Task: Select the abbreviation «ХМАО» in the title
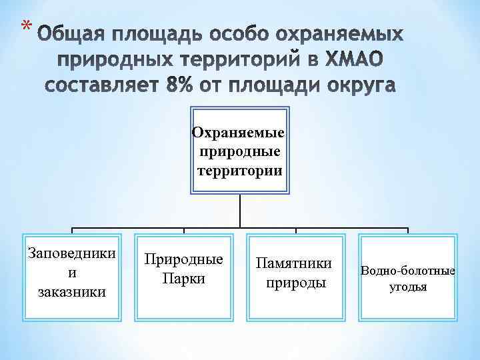[354, 60]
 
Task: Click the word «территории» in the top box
[239, 170]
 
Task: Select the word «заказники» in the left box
[72, 291]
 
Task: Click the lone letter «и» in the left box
[72, 272]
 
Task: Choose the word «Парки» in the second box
[183, 278]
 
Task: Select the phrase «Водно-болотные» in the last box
[408, 271]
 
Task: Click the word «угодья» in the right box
[408, 287]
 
